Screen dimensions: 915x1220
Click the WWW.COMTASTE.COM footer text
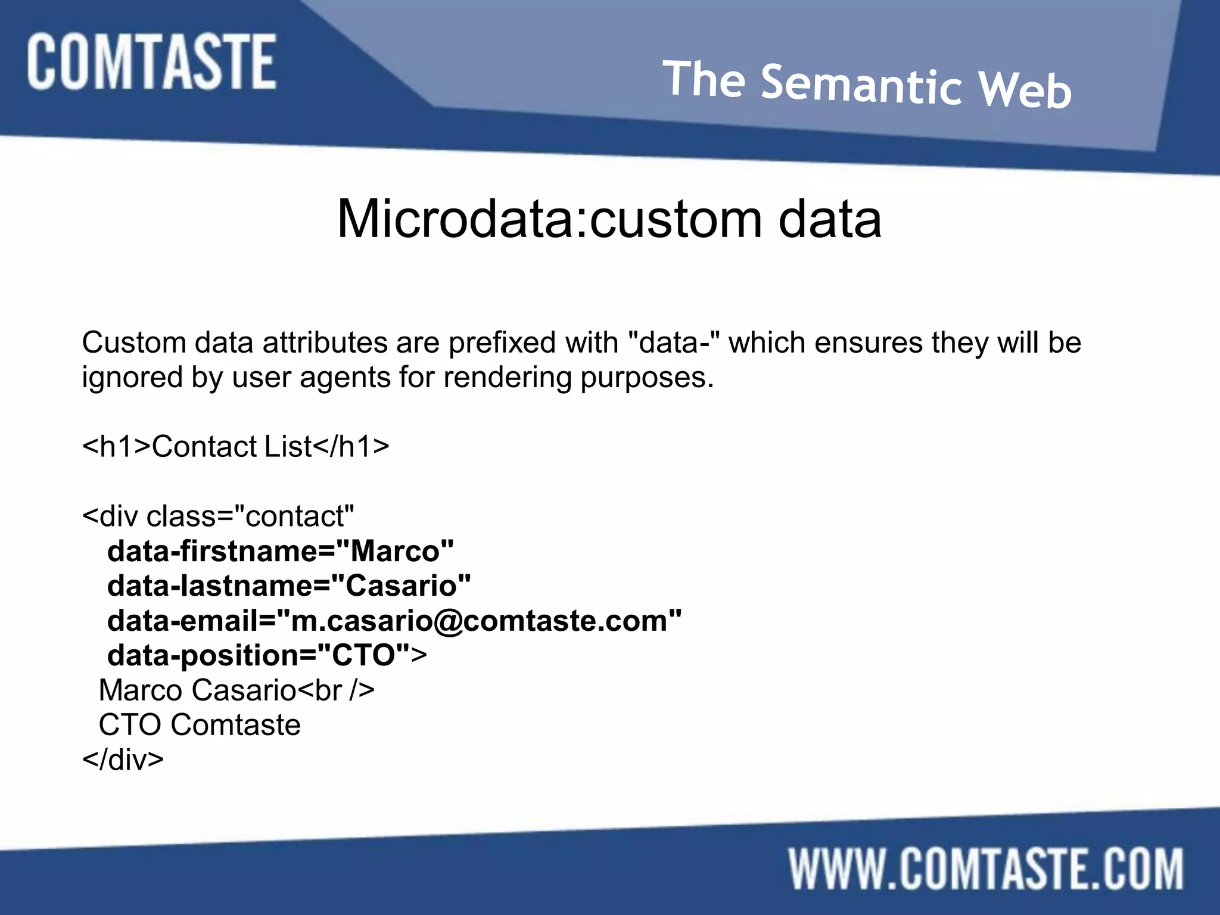(x=986, y=869)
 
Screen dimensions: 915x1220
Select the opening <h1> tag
(x=117, y=447)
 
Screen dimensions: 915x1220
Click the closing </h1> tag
(x=351, y=447)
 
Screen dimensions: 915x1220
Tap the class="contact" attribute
(x=250, y=516)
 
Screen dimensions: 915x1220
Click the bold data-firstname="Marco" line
(x=280, y=552)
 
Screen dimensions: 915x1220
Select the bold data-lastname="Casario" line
(x=289, y=586)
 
